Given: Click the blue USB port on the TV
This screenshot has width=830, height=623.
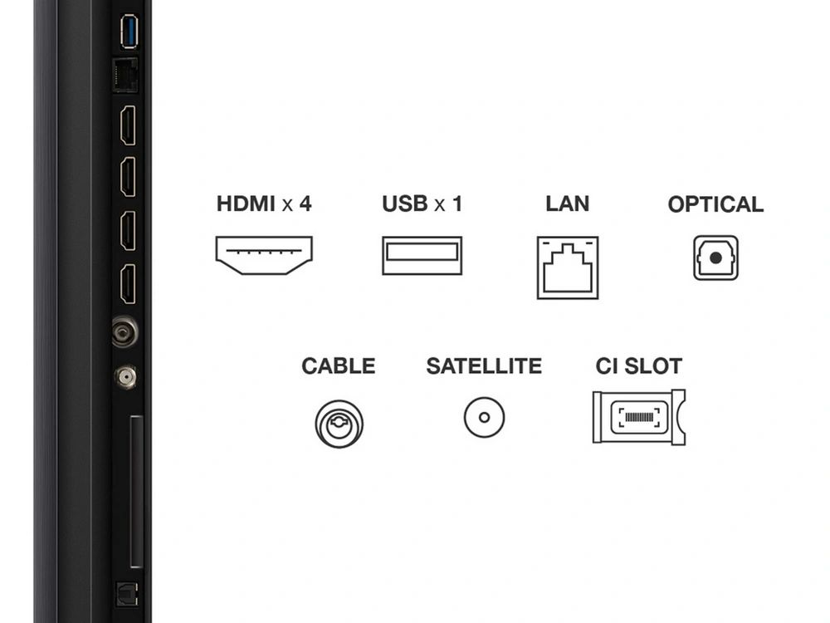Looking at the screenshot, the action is tap(129, 32).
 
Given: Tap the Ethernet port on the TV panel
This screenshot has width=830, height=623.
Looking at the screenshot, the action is tap(125, 76).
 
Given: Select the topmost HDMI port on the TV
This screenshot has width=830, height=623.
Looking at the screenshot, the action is tap(128, 125).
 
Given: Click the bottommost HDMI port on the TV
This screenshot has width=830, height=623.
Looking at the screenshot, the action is tap(128, 284).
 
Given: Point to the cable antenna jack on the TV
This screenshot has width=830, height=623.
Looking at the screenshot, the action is tap(125, 332).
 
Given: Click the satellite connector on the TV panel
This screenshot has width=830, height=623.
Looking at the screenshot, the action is tap(125, 377).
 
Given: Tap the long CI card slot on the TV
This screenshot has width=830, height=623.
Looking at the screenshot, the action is tap(136, 492).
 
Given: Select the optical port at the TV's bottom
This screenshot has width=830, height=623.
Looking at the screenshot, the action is tap(126, 594).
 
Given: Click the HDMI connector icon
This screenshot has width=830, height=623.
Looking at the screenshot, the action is tap(264, 255).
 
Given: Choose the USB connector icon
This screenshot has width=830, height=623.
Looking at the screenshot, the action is tap(422, 255).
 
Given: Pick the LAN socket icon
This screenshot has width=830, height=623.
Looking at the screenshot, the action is tap(568, 267).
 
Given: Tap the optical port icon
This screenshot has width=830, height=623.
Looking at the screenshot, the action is tap(715, 258).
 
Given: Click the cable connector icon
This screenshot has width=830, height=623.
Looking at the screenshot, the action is tap(339, 424).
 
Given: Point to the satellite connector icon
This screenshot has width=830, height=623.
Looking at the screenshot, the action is tap(484, 418).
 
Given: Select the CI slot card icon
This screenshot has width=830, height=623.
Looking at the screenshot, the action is tap(639, 417).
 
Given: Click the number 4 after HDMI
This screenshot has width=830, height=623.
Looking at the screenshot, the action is tap(305, 204).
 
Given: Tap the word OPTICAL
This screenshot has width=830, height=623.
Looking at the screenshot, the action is tap(715, 204).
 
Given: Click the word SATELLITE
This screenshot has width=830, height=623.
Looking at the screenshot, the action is tap(484, 366).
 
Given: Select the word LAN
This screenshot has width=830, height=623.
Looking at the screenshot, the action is tap(568, 204).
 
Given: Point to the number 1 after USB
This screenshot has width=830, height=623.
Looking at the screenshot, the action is tap(457, 204).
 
